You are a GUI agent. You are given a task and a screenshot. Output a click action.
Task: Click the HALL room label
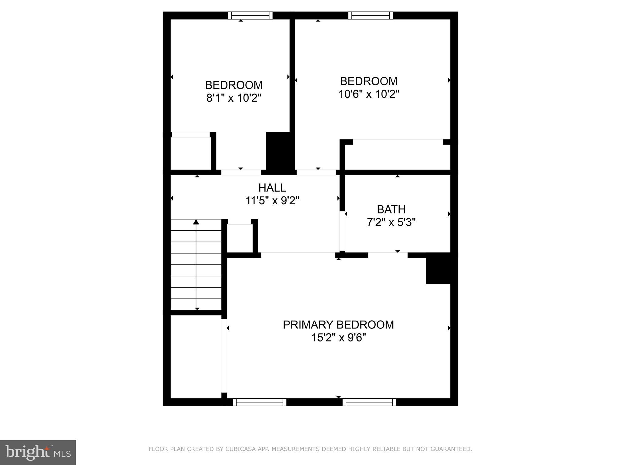(272, 188)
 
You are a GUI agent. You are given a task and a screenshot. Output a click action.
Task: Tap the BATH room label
(391, 209)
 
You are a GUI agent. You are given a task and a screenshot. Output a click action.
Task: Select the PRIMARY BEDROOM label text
(338, 325)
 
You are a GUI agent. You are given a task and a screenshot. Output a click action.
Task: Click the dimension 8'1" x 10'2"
(233, 98)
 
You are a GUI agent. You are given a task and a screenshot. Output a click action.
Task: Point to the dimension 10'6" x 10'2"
(368, 94)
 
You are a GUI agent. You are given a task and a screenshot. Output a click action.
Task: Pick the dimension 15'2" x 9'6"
(338, 338)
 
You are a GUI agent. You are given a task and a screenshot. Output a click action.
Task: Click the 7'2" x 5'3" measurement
(391, 223)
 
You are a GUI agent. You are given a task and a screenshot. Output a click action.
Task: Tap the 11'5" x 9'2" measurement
(272, 201)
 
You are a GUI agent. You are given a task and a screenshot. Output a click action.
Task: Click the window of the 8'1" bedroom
(250, 15)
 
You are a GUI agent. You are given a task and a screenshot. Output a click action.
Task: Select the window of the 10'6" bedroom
(370, 15)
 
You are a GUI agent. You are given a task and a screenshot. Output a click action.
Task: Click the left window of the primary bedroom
(259, 402)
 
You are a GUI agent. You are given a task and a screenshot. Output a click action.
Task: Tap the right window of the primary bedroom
(369, 402)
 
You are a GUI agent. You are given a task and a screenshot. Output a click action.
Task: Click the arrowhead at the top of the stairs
(196, 222)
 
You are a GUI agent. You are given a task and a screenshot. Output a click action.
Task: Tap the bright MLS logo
(38, 452)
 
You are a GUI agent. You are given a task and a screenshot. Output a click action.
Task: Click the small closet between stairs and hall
(240, 238)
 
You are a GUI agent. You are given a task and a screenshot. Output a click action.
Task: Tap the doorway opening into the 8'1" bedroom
(241, 173)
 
